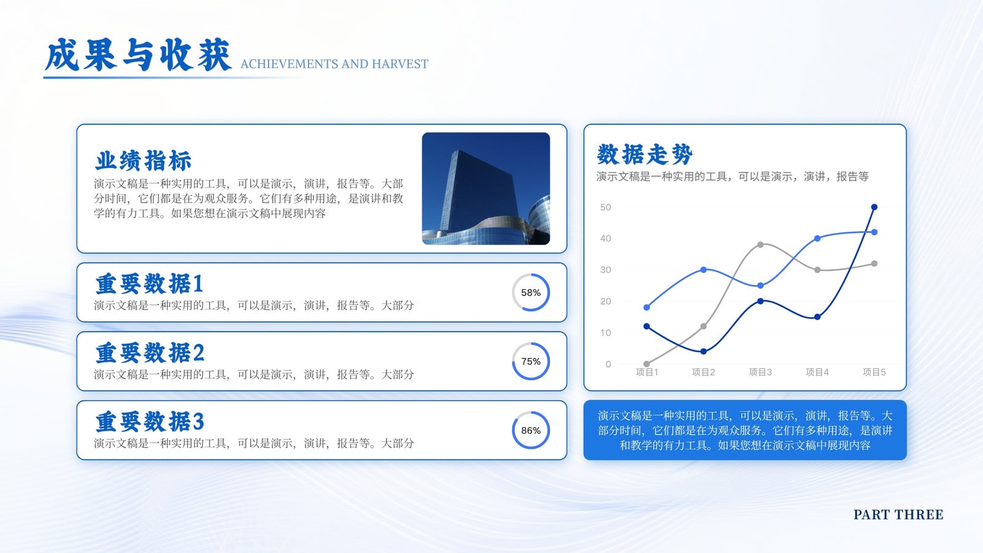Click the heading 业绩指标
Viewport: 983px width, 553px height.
click(144, 160)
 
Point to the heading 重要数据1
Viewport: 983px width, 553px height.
click(150, 283)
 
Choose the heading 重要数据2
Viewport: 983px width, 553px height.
click(150, 353)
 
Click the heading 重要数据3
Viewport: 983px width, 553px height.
click(150, 422)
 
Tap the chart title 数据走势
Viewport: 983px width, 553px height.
click(644, 154)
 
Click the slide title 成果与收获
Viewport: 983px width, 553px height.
click(138, 55)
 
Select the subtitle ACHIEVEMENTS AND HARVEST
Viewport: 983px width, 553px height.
click(334, 64)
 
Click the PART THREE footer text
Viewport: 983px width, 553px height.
click(898, 514)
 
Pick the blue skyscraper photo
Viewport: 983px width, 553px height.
click(486, 189)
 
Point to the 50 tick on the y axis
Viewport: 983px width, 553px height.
click(606, 207)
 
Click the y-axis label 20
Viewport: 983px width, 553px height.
click(606, 302)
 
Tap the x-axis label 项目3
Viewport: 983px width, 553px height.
click(760, 372)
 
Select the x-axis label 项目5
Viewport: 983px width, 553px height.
click(874, 372)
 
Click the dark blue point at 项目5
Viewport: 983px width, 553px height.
click(874, 207)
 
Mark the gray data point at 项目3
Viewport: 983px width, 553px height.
click(761, 245)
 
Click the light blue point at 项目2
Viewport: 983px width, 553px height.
click(703, 270)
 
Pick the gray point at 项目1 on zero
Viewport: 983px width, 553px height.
click(646, 364)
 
